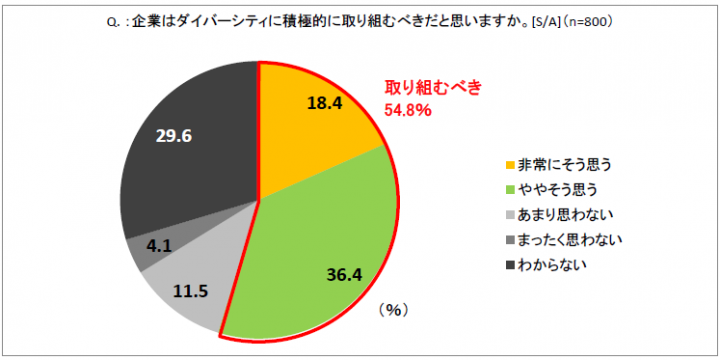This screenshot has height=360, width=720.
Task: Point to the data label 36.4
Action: click(346, 271)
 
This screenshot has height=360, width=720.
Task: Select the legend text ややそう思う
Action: click(556, 189)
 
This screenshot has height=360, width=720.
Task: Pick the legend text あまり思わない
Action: click(563, 214)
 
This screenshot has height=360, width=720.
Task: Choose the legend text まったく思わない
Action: click(570, 239)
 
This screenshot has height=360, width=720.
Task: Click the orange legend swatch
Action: click(509, 164)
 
